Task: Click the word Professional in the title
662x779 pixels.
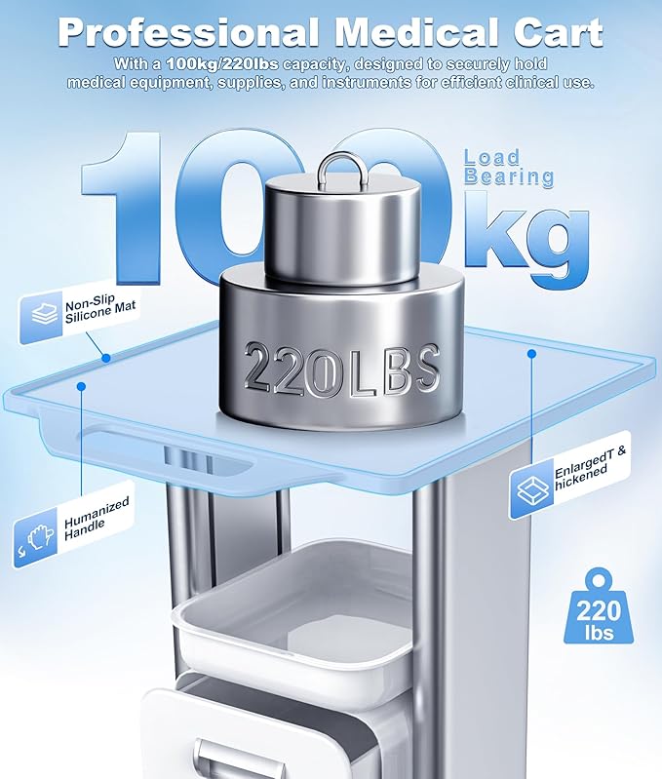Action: coord(189,33)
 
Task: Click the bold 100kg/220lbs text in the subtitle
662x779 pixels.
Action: coord(222,63)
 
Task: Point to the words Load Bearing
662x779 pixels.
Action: coord(509,168)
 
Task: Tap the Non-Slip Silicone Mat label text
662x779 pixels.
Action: coord(99,308)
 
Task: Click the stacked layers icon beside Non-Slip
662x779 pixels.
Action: coord(45,315)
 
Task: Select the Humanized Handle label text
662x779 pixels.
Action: coord(97,519)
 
